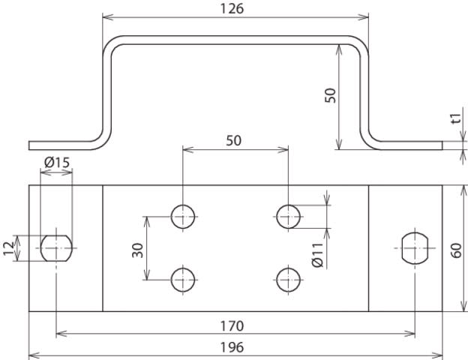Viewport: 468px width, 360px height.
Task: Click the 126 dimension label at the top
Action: click(232, 9)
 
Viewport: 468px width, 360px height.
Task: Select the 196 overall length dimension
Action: click(232, 347)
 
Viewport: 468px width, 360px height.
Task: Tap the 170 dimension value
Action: click(232, 326)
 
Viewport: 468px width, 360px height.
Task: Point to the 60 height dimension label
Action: click(456, 250)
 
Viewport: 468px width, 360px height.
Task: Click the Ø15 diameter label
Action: click(57, 163)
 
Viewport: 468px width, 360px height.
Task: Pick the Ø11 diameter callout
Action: click(317, 254)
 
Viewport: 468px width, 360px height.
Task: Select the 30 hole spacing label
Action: click(137, 250)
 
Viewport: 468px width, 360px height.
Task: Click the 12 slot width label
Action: click(9, 248)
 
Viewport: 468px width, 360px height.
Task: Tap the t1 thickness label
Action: click(456, 118)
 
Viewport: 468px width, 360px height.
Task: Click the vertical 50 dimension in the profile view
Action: click(330, 95)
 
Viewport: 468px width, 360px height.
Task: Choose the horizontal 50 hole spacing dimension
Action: click(233, 140)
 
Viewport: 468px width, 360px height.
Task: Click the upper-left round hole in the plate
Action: click(183, 217)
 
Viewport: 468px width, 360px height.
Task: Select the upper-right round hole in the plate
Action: click(288, 217)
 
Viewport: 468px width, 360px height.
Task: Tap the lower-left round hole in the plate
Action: click(183, 280)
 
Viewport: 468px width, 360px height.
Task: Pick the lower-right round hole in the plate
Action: click(288, 280)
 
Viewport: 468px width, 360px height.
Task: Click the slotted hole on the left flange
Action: click(56, 248)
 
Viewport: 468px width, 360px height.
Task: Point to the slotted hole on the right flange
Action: click(415, 248)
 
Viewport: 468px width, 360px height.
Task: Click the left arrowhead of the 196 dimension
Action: click(34, 355)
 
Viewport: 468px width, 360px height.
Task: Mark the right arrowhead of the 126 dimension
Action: click(363, 17)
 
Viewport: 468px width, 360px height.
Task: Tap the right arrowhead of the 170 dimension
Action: click(409, 334)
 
